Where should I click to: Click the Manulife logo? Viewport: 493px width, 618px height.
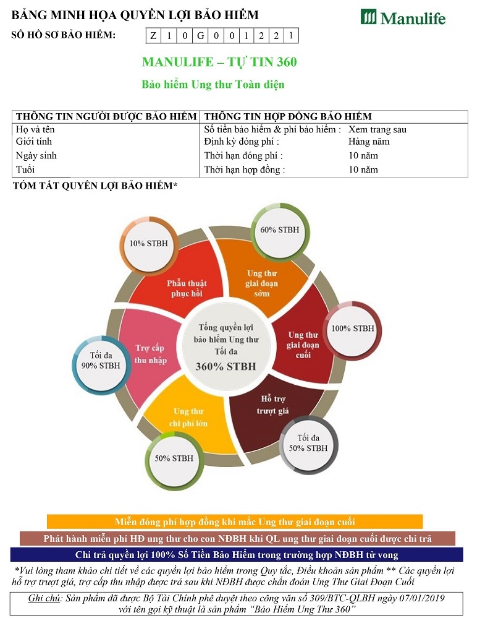click(403, 17)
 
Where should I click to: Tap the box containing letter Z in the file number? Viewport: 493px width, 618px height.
click(153, 36)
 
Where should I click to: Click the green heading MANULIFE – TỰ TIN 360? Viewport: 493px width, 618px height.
click(219, 62)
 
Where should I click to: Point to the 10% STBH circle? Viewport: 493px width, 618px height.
click(148, 243)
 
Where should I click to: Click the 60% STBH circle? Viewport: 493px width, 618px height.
click(279, 230)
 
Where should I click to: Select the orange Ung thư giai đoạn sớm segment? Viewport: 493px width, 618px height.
click(263, 281)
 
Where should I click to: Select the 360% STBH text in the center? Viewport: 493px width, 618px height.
click(225, 366)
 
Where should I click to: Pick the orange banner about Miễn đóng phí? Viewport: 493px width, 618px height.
click(235, 521)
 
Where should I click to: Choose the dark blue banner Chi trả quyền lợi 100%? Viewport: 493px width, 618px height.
click(237, 555)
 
